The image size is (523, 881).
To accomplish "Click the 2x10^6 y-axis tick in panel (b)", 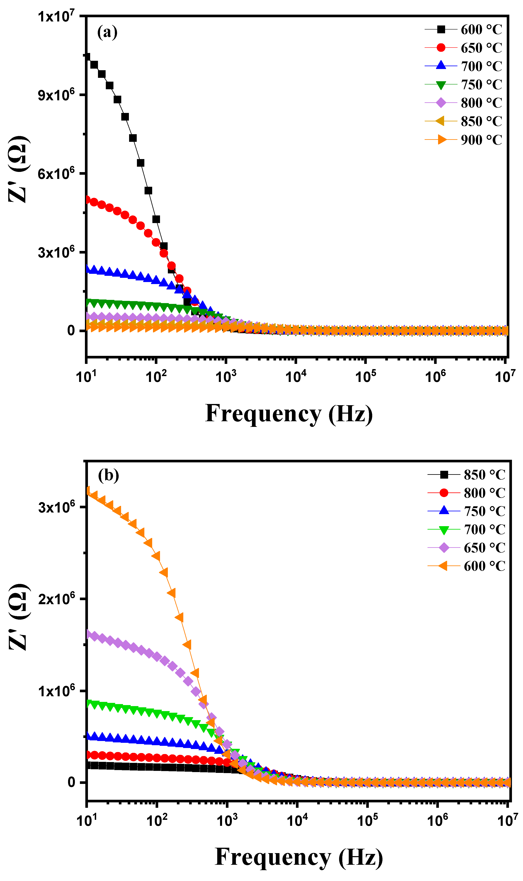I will pyautogui.click(x=56, y=599).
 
